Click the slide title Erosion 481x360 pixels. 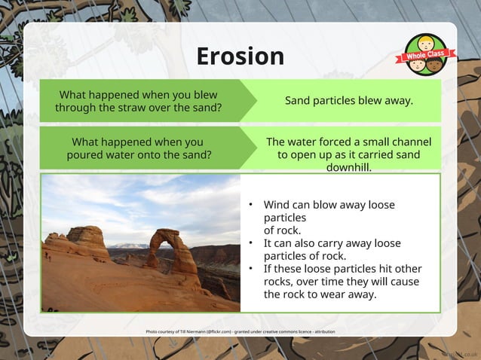240,56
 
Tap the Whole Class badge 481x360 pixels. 426,55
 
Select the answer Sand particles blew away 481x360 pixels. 348,101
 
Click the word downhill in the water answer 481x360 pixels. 348,167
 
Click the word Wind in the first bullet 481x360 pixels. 277,205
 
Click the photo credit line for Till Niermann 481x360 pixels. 240,331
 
